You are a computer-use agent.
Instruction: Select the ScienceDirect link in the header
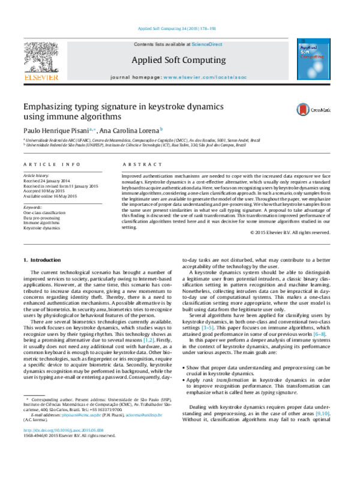pyautogui.click(x=207, y=44)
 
